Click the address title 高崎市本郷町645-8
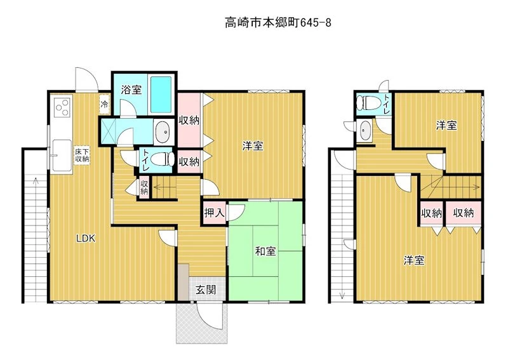coord(278,23)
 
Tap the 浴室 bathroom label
coord(131,90)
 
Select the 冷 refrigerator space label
coord(104,104)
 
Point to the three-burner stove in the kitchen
coord(62,107)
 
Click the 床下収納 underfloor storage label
coord(82,155)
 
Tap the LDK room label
coord(86,239)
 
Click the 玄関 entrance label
coord(206,290)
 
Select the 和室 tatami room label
coord(265,251)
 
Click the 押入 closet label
coord(214,213)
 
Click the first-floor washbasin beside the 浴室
coord(164,132)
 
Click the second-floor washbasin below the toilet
coord(365,131)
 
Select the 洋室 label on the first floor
coord(253,146)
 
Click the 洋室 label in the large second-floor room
coord(414,260)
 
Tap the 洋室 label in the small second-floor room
coord(446,126)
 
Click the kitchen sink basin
coord(62,156)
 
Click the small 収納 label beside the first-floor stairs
coord(144,187)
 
